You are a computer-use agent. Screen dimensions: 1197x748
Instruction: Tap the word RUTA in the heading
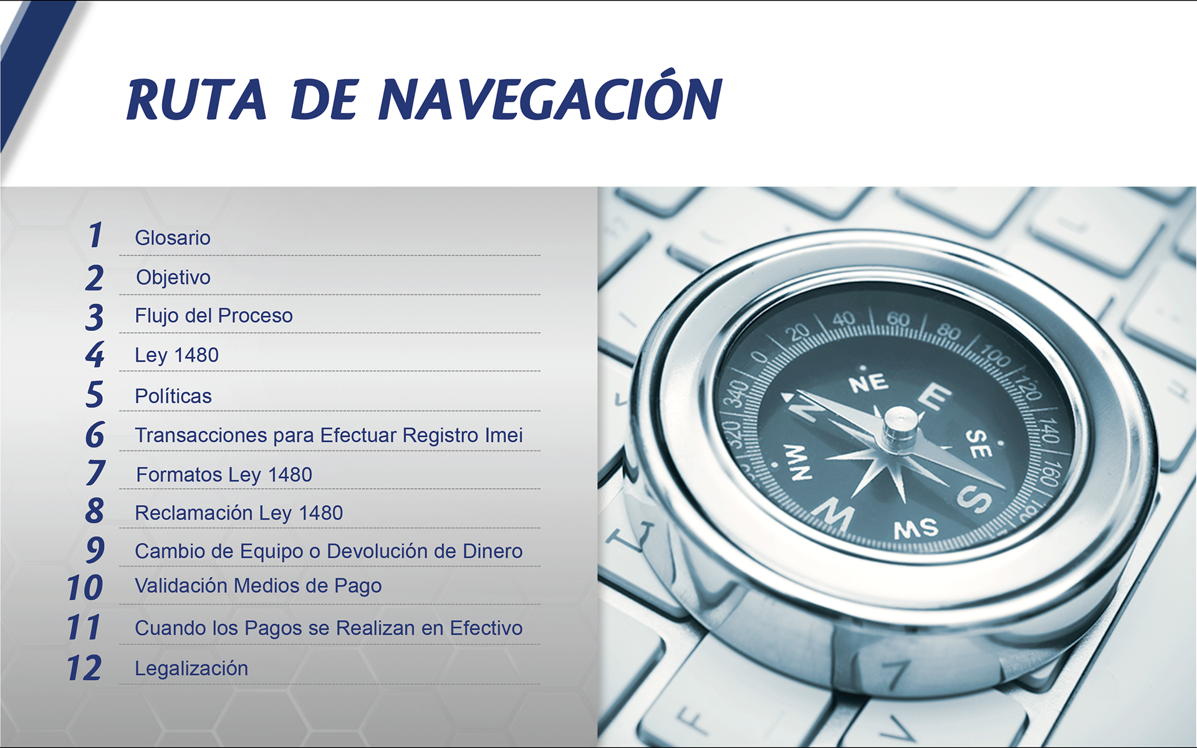[197, 100]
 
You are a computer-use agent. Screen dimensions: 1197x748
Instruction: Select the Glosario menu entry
[173, 237]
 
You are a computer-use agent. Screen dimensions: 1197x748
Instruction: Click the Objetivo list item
[173, 277]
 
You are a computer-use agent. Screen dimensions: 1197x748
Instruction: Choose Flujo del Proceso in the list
[214, 315]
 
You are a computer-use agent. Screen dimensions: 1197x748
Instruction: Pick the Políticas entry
[173, 396]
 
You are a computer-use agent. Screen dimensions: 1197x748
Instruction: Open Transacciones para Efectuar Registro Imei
[329, 435]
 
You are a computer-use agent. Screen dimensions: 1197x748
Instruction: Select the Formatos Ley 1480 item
[224, 475]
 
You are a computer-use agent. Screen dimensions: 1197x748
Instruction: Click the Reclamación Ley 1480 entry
[239, 513]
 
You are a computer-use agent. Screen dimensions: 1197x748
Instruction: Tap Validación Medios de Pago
[258, 586]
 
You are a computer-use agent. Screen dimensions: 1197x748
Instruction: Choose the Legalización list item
[191, 668]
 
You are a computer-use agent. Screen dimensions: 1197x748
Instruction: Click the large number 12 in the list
[84, 668]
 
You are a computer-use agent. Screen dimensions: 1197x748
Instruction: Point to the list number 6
[95, 434]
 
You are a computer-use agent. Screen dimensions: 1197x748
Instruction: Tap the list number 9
[95, 550]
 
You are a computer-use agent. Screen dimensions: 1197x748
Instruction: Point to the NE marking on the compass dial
[868, 382]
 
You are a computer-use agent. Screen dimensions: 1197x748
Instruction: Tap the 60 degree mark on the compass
[898, 319]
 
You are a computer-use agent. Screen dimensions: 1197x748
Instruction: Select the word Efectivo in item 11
[486, 628]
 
